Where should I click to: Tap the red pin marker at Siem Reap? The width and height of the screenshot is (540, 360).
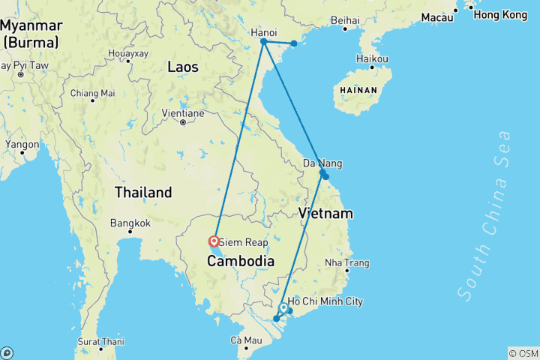(214, 241)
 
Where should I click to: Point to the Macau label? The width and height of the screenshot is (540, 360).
(437, 17)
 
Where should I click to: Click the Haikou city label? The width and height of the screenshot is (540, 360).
(373, 58)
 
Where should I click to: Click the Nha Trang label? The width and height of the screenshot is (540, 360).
(347, 263)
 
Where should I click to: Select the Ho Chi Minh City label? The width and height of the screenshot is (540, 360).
(325, 301)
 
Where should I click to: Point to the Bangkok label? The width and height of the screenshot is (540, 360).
(130, 223)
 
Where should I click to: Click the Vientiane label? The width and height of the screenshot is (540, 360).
(183, 114)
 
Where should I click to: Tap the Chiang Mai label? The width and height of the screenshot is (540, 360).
(92, 94)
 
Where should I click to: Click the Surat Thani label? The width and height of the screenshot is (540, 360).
(100, 340)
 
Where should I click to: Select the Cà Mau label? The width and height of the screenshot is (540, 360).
(247, 340)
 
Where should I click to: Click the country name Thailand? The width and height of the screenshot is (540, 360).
(143, 193)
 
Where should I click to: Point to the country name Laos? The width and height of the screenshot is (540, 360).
(183, 67)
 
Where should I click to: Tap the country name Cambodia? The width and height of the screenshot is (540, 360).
(241, 261)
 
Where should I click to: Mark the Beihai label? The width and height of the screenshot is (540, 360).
(345, 19)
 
